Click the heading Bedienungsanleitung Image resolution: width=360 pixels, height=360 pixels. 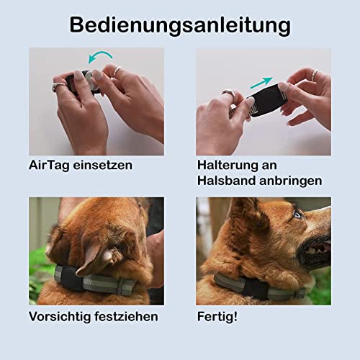click(x=180, y=26)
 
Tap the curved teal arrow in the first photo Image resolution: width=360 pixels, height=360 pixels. click(x=101, y=53)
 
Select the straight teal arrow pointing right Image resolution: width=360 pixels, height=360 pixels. click(x=261, y=83)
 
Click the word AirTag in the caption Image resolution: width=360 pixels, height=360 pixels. click(x=49, y=166)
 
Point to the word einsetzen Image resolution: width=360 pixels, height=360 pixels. click(x=103, y=166)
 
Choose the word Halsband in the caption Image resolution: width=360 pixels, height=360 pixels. click(x=227, y=181)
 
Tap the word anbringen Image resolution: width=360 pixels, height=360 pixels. click(x=291, y=181)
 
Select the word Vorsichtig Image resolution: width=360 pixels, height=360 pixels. click(x=60, y=317)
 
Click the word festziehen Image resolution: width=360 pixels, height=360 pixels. click(x=126, y=316)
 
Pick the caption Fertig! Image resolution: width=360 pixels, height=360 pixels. click(x=217, y=317)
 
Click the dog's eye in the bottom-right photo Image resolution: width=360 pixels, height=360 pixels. click(x=297, y=215)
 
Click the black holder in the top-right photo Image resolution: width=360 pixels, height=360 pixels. click(x=265, y=99)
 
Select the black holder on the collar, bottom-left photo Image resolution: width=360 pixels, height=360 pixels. click(x=68, y=279)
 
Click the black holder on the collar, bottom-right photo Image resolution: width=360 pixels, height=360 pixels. click(x=255, y=290)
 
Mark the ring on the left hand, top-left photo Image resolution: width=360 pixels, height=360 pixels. click(x=58, y=86)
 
